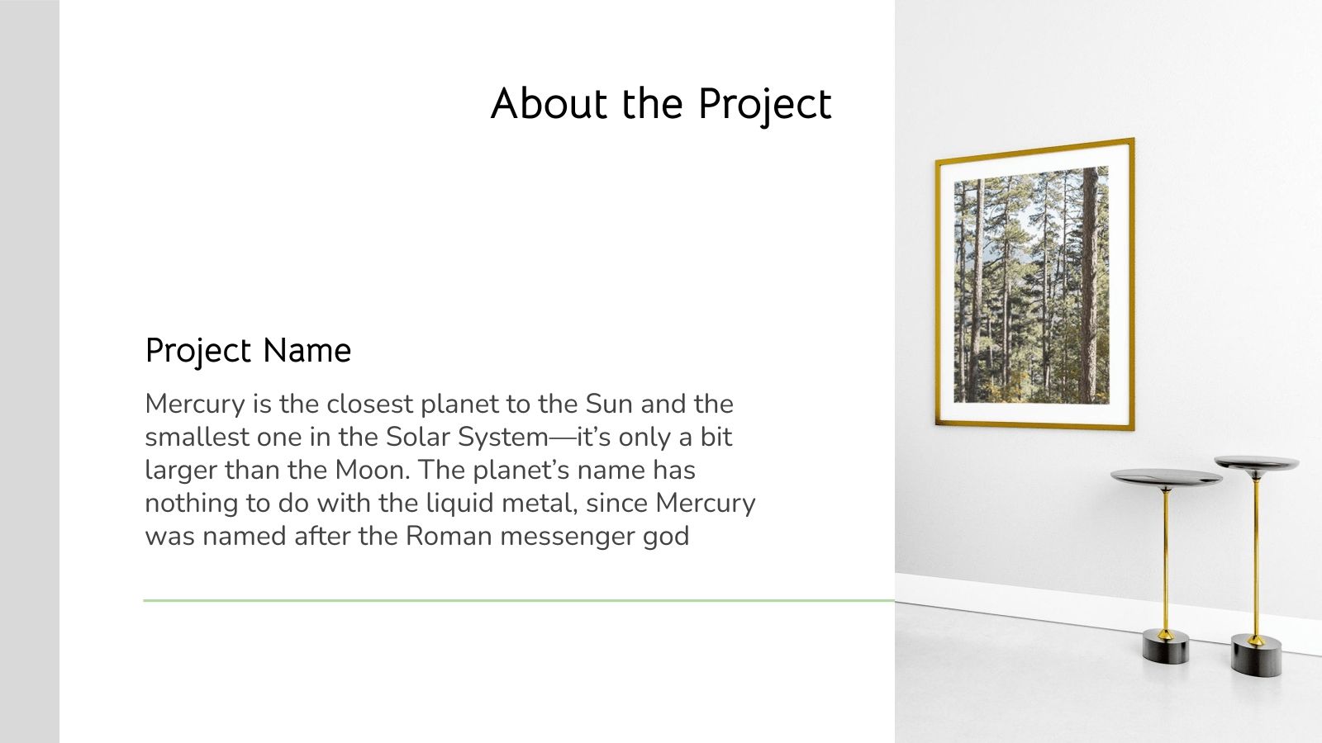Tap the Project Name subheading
point(248,350)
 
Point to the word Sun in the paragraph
point(609,404)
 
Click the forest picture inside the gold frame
point(1030,285)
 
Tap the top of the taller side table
point(1256,463)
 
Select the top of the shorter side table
point(1166,477)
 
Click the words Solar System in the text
point(467,437)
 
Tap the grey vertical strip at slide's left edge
point(29,371)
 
